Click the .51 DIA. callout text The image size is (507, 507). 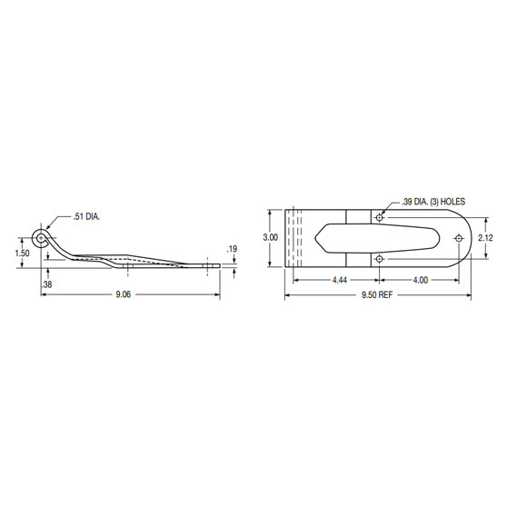(x=86, y=217)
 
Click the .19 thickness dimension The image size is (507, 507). (x=233, y=248)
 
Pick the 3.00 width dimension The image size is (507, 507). (x=269, y=237)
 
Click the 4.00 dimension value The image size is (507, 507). (x=421, y=280)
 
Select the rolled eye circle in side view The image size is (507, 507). (x=41, y=238)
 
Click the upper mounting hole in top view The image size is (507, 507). (x=379, y=217)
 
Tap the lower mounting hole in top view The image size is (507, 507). (x=379, y=259)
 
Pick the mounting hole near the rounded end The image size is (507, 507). (x=459, y=238)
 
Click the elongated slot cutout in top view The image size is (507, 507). (x=363, y=238)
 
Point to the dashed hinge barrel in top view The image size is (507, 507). (x=293, y=238)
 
